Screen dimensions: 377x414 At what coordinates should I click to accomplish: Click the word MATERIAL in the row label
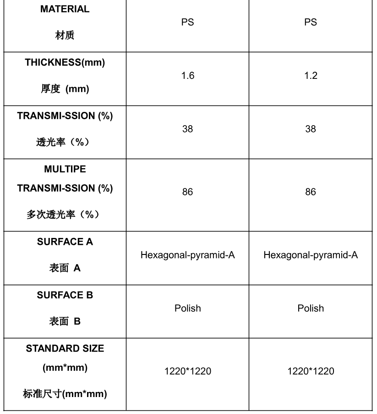[65, 9]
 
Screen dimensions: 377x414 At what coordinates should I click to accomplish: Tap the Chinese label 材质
[65, 36]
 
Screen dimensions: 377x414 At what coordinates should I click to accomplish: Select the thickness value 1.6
[188, 76]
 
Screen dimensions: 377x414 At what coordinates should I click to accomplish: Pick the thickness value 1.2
[311, 76]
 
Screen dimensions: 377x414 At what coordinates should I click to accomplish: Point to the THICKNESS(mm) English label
[65, 63]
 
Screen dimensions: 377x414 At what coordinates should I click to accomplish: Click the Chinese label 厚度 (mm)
[65, 89]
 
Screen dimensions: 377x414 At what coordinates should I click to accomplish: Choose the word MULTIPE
[65, 169]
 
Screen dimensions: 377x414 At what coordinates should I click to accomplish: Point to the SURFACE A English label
[65, 242]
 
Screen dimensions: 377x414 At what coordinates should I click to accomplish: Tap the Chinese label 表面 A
[65, 268]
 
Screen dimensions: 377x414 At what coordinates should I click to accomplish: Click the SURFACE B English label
[65, 295]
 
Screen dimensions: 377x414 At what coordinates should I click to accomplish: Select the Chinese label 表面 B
[65, 321]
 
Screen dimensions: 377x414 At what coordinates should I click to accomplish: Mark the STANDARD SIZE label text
[65, 348]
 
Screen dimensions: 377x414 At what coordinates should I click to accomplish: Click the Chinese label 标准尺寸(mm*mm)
[65, 393]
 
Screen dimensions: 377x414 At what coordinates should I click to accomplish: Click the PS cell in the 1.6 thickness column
[188, 22]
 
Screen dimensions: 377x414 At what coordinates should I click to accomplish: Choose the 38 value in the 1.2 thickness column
[311, 129]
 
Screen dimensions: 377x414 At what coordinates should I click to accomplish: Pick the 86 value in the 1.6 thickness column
[188, 192]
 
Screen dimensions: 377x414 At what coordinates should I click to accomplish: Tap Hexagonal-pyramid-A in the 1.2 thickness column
[311, 255]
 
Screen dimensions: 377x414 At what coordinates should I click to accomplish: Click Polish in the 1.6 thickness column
[188, 308]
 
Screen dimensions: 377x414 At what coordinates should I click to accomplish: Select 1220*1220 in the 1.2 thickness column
[311, 371]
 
